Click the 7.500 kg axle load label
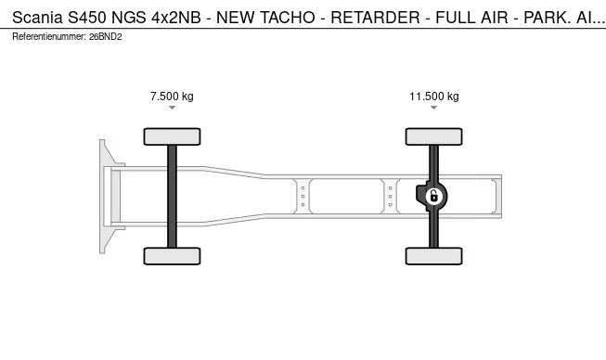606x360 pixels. (x=172, y=96)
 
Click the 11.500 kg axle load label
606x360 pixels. (x=434, y=96)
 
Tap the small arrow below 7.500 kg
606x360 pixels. (x=172, y=108)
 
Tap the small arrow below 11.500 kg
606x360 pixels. (x=433, y=108)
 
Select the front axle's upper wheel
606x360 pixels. (x=172, y=136)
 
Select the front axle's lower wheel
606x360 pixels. (x=172, y=256)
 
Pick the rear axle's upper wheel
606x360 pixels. (x=433, y=136)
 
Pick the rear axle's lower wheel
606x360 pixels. (x=433, y=256)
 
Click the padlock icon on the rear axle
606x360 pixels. (x=434, y=196)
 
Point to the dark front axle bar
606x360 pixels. (x=172, y=196)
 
